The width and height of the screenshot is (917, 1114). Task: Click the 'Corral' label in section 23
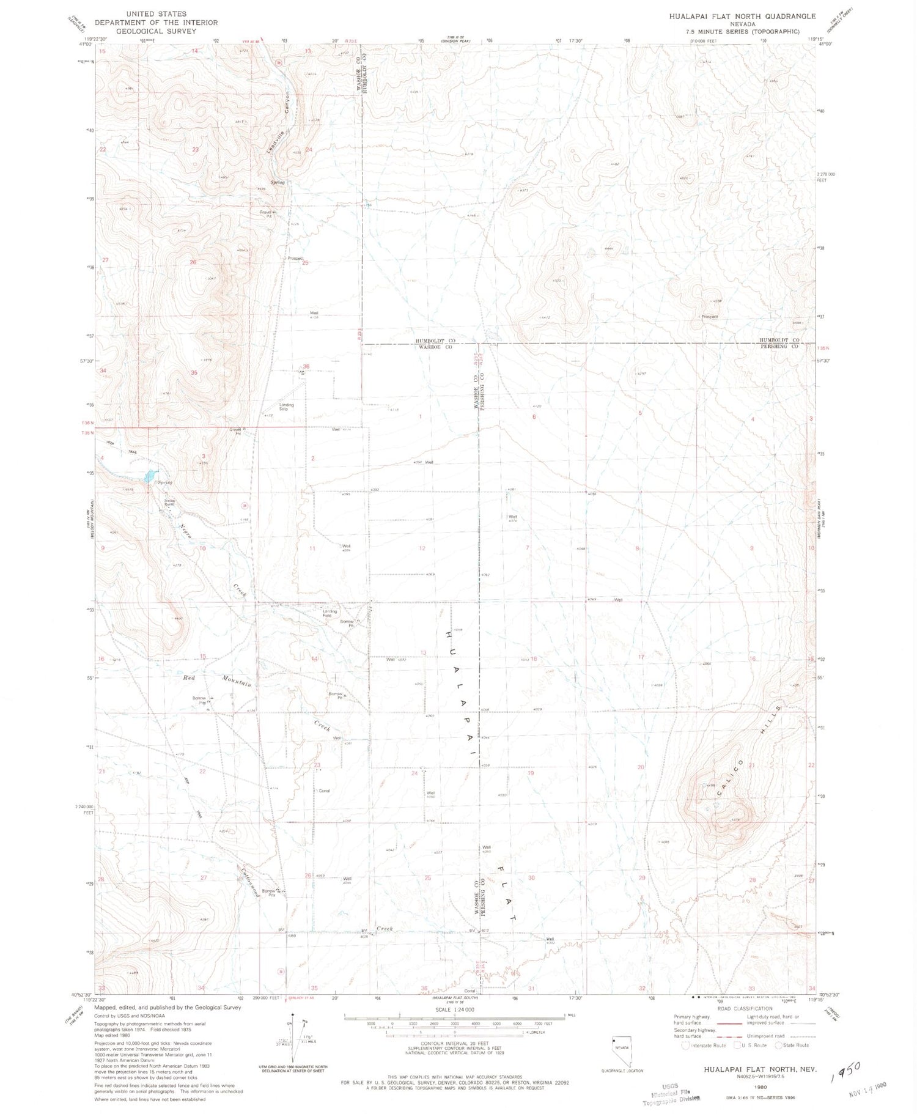(x=324, y=791)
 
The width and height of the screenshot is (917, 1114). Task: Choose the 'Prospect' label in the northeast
(x=709, y=317)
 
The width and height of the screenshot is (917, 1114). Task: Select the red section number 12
(x=422, y=548)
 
